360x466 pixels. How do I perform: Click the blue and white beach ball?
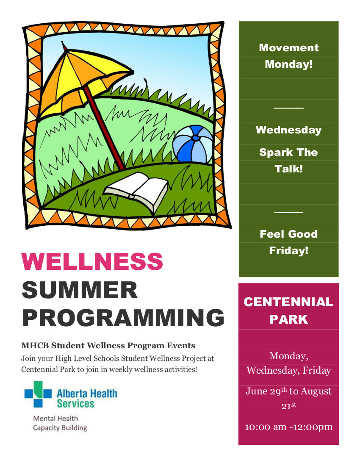tap(193, 144)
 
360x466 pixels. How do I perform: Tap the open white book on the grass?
tap(136, 191)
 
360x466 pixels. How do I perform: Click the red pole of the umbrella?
tap(104, 128)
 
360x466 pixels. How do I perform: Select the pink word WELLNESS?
tap(92, 261)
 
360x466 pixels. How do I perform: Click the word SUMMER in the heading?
tap(80, 290)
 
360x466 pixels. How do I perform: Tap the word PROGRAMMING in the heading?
tap(123, 318)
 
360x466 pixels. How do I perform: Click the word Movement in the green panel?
tap(289, 47)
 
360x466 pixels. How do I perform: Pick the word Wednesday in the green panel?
tap(289, 130)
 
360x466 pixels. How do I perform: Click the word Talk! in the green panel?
tap(289, 169)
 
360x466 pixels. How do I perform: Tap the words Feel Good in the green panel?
tap(289, 234)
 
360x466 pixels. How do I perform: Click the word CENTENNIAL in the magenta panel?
tap(289, 302)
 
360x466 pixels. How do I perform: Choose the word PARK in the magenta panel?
tap(289, 319)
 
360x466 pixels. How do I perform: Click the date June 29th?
tap(266, 391)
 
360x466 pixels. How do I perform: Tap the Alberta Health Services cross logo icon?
tap(38, 394)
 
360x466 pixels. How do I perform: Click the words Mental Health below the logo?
tap(55, 419)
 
